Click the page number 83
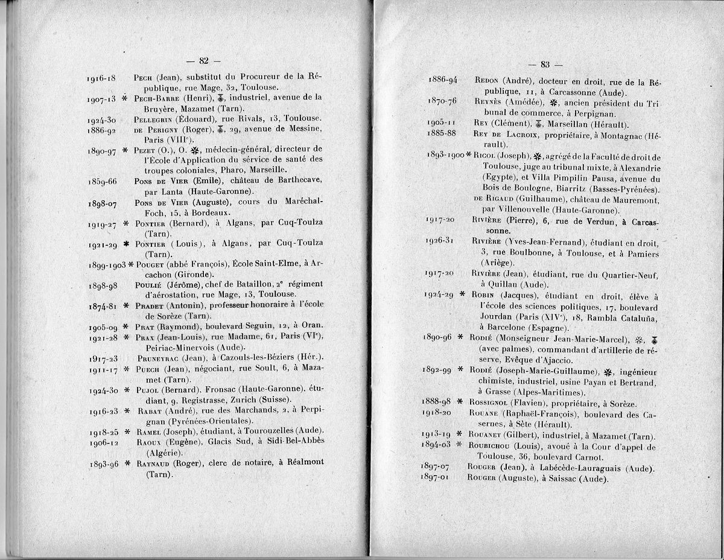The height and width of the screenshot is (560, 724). (x=544, y=65)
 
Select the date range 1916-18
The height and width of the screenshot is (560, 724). (x=101, y=78)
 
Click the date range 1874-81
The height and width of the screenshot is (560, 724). (x=101, y=305)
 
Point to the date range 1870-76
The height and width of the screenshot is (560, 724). (x=442, y=101)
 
